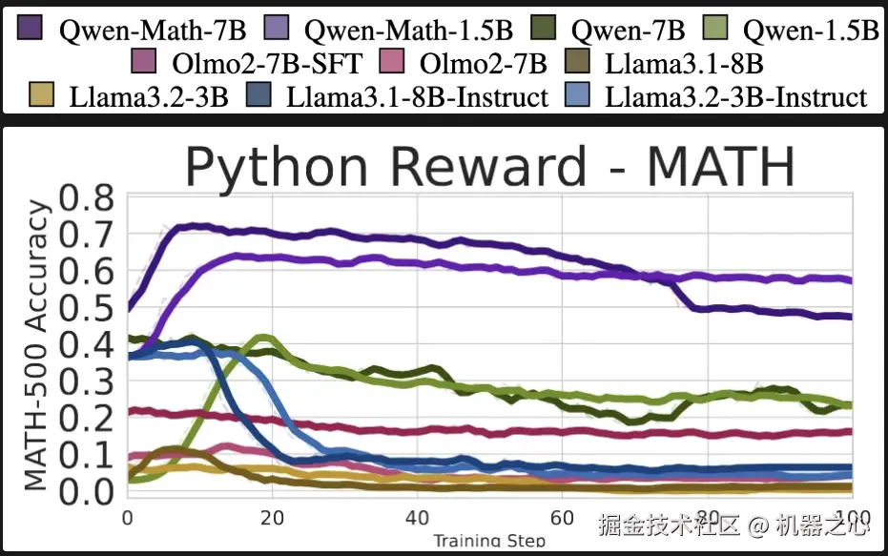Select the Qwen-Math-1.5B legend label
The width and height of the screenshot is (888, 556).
[x=401, y=30]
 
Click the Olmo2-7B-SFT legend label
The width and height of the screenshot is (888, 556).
[x=268, y=64]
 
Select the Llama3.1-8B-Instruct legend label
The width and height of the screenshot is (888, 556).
[x=418, y=96]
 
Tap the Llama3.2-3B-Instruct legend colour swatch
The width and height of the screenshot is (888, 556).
[x=582, y=95]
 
